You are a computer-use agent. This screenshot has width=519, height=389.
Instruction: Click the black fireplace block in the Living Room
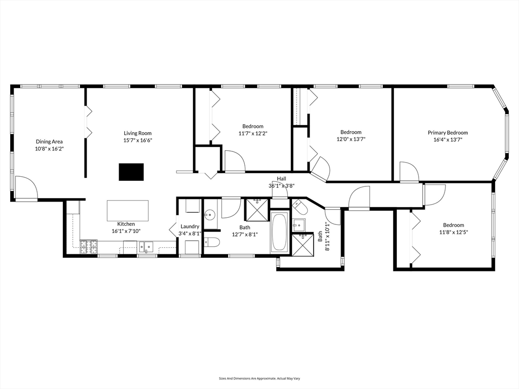(131, 172)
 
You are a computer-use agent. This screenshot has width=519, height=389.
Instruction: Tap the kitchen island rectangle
(128, 210)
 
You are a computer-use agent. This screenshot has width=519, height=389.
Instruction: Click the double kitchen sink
(146, 248)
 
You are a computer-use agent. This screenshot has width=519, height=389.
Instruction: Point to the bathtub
(279, 232)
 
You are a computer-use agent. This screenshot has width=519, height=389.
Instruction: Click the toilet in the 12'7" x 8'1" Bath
(212, 242)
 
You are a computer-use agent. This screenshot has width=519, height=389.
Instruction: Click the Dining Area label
(49, 141)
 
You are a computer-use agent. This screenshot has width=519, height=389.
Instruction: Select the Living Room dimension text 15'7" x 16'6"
(138, 140)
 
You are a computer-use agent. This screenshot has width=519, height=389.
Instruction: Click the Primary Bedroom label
(448, 133)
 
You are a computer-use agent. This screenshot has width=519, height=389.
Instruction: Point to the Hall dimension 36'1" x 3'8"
(281, 185)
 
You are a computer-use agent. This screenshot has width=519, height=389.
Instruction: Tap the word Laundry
(190, 226)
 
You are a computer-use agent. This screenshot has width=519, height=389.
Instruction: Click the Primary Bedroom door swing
(409, 172)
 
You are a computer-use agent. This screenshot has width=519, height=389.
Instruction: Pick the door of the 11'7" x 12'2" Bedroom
(234, 162)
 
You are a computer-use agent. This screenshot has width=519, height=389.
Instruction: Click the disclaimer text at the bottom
(259, 378)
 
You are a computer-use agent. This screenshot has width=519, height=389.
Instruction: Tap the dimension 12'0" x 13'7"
(351, 139)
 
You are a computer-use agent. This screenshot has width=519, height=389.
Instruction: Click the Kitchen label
(126, 224)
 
